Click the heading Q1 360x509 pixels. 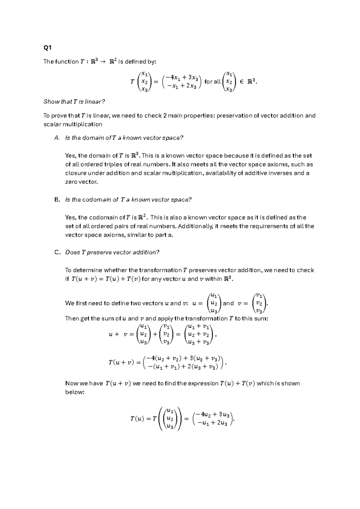tap(48, 48)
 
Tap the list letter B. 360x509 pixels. tap(57, 200)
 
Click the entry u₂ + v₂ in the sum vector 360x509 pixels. tap(198, 334)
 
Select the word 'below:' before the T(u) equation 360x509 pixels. tap(75, 392)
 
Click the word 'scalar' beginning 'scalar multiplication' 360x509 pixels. tap(52, 124)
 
